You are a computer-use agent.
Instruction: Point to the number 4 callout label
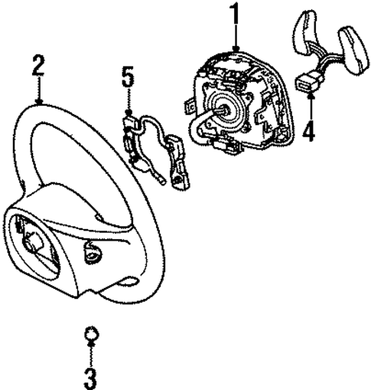click(308, 131)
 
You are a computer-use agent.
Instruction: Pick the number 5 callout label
click(127, 77)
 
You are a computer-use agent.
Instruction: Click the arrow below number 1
click(236, 40)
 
